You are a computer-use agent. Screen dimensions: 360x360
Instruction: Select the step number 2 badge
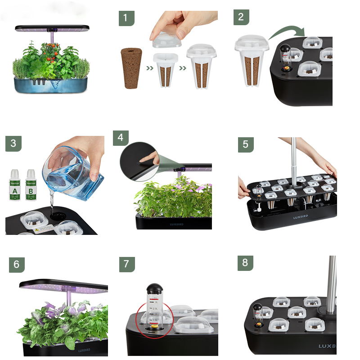(241, 17)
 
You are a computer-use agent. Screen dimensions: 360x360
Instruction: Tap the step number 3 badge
(13, 144)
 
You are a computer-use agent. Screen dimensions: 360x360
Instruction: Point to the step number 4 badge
(120, 138)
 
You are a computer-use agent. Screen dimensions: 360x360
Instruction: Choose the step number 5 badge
(245, 144)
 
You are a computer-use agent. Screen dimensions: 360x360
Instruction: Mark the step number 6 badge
(17, 264)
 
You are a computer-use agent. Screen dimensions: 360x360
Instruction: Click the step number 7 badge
(126, 264)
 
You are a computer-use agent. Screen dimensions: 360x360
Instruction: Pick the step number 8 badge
(245, 263)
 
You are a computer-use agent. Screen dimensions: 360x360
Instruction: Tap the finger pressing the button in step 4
(148, 157)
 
